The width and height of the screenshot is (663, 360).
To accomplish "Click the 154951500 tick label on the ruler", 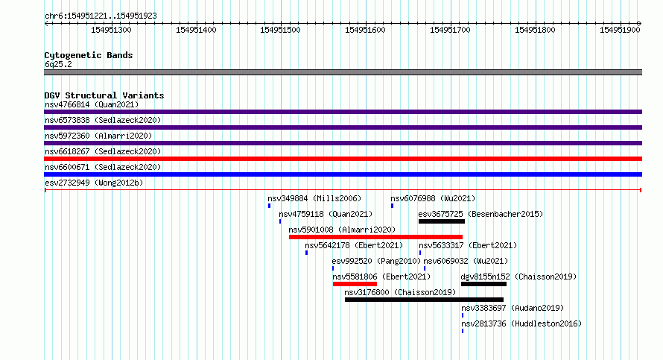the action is (280, 30).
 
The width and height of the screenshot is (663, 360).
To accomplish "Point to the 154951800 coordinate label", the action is (535, 30).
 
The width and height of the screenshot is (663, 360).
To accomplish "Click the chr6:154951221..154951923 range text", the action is (101, 16).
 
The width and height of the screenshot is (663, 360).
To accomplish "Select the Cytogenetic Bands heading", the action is (89, 55).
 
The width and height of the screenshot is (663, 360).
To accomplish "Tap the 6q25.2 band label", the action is (58, 64).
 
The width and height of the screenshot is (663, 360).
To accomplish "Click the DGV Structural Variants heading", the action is (104, 95).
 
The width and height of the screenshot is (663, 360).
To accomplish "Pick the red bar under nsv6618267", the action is (343, 159).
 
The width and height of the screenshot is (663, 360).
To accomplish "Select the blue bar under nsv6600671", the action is (343, 174).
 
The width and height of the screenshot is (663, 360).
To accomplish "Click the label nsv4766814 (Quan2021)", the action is (92, 104).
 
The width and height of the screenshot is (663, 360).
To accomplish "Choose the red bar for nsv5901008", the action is (375, 237).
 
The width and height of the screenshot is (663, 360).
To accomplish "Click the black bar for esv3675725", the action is (442, 221).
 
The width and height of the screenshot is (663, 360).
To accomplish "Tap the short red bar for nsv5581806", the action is (355, 284).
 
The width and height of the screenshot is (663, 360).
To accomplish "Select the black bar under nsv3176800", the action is (424, 300).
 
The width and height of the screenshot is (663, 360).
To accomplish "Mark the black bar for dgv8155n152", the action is (483, 284).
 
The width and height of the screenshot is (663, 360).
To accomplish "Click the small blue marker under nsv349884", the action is (270, 206).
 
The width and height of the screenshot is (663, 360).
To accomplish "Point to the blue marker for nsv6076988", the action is (393, 206).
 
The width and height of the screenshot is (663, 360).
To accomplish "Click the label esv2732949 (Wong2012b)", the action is (94, 183).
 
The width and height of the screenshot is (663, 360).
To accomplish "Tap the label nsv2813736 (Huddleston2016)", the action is (521, 323).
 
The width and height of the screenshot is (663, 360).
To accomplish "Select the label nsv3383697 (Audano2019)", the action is (513, 308).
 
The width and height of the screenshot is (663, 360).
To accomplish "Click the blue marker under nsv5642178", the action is (307, 253).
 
